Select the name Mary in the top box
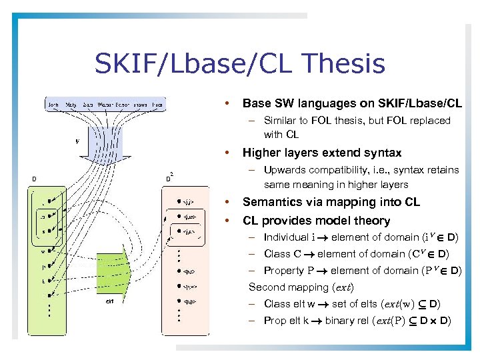coord(72,104)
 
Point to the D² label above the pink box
coord(169,177)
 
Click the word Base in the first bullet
coord(257,103)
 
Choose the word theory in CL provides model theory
coord(373,221)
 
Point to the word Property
coord(283,271)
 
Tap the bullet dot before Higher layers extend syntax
coord(227,153)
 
